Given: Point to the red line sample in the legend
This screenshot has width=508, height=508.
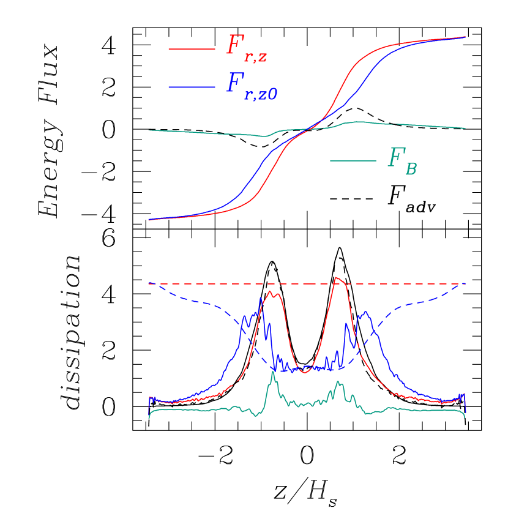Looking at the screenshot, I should (192, 49).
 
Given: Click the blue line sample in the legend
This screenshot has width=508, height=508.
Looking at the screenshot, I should (192, 88).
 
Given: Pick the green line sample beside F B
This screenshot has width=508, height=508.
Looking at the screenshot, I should (353, 161).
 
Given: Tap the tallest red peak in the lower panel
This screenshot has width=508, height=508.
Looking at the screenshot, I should (337, 278).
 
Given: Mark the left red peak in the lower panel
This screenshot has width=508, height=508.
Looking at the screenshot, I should (270, 292).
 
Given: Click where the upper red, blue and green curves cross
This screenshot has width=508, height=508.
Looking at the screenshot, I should (312, 127).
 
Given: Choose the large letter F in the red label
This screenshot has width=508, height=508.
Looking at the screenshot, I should (234, 45).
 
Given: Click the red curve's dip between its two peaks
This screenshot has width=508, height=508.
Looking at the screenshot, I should (306, 368).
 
